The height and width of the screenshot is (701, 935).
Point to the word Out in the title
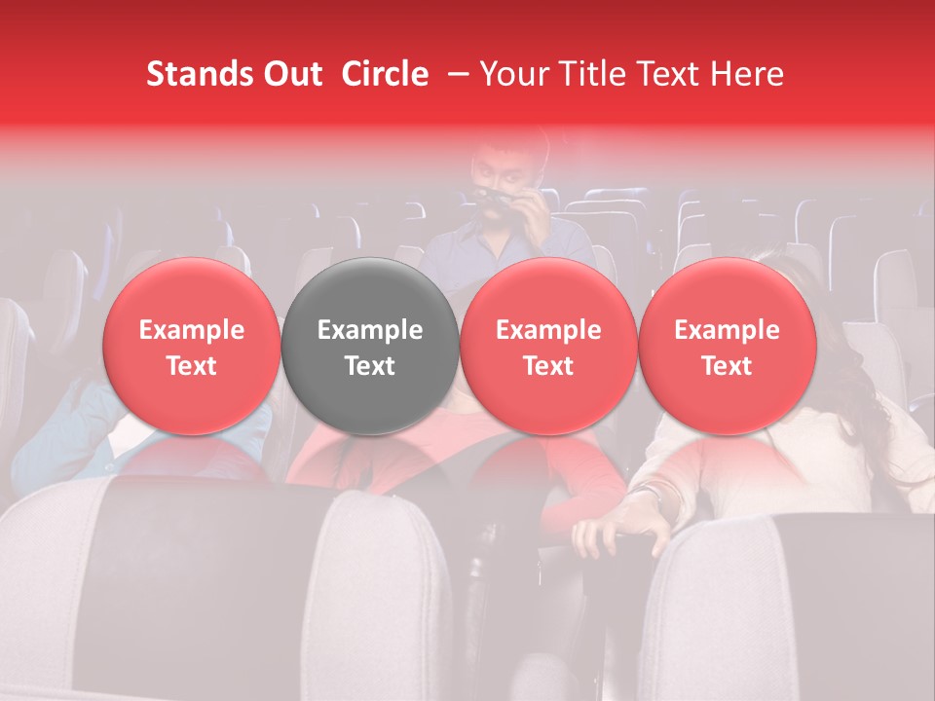(x=290, y=74)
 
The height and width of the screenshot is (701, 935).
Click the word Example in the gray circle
(x=370, y=330)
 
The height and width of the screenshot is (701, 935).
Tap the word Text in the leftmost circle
(x=192, y=366)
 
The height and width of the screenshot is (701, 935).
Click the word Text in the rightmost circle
(x=727, y=366)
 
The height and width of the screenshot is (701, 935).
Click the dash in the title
(x=457, y=74)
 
